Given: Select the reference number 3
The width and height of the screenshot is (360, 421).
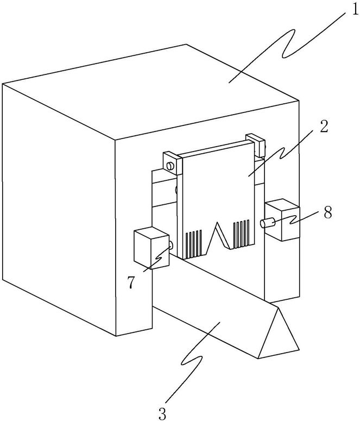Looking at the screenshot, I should point(162,413).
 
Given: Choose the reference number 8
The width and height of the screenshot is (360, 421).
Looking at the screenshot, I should point(327,211).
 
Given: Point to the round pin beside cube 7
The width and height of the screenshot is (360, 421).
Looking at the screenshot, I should point(171,246).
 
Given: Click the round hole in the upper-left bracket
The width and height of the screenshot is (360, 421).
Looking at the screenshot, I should point(170,165).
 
